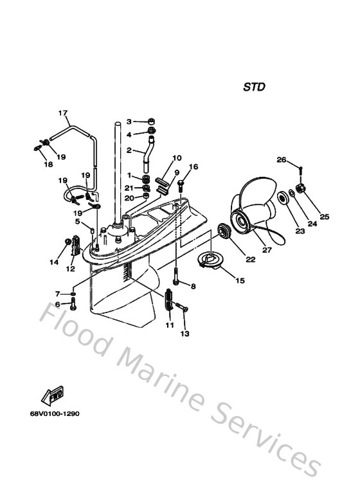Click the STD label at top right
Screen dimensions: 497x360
(254, 87)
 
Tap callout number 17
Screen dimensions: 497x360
(63, 114)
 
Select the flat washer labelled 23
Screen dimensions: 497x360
(283, 197)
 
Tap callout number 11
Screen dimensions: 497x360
(169, 326)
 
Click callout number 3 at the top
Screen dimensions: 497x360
(129, 121)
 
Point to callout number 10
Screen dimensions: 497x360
(177, 158)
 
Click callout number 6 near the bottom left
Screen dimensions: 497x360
(57, 304)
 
